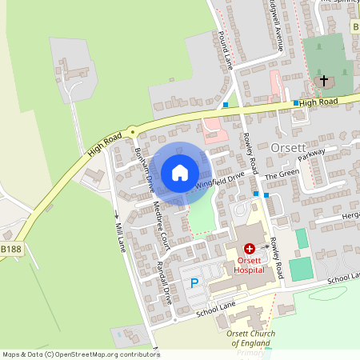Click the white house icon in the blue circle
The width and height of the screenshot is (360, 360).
[180, 172]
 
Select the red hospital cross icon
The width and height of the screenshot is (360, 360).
[250, 251]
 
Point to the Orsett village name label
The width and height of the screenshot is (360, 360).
[288, 148]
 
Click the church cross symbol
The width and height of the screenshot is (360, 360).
[324, 81]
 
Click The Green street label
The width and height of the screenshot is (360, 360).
[282, 174]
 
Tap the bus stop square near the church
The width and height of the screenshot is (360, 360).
[295, 103]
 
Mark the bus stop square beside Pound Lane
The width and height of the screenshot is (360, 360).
[226, 105]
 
